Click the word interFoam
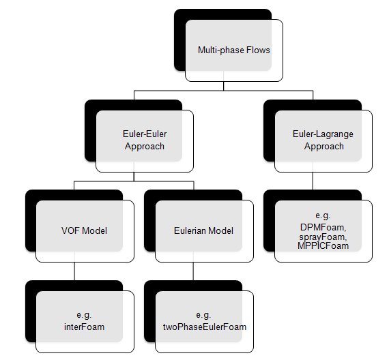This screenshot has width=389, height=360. tap(85, 327)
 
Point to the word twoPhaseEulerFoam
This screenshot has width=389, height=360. tap(205, 327)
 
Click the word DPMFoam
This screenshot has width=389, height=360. tap(323, 227)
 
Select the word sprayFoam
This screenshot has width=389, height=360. tap(323, 237)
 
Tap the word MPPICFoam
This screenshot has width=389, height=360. tap(323, 245)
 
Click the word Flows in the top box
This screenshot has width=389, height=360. tap(258, 50)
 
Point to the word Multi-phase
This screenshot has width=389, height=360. tap(221, 50)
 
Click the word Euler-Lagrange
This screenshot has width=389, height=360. tap(323, 134)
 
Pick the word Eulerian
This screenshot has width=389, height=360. tap(190, 231)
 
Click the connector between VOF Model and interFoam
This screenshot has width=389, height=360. tap(74, 271)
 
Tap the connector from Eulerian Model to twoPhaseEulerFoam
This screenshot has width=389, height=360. tap(193, 271)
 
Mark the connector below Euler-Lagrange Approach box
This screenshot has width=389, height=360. tap(313, 181)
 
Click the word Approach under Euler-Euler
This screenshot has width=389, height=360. tap(145, 147)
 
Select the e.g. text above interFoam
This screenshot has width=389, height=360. tap(84, 315)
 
